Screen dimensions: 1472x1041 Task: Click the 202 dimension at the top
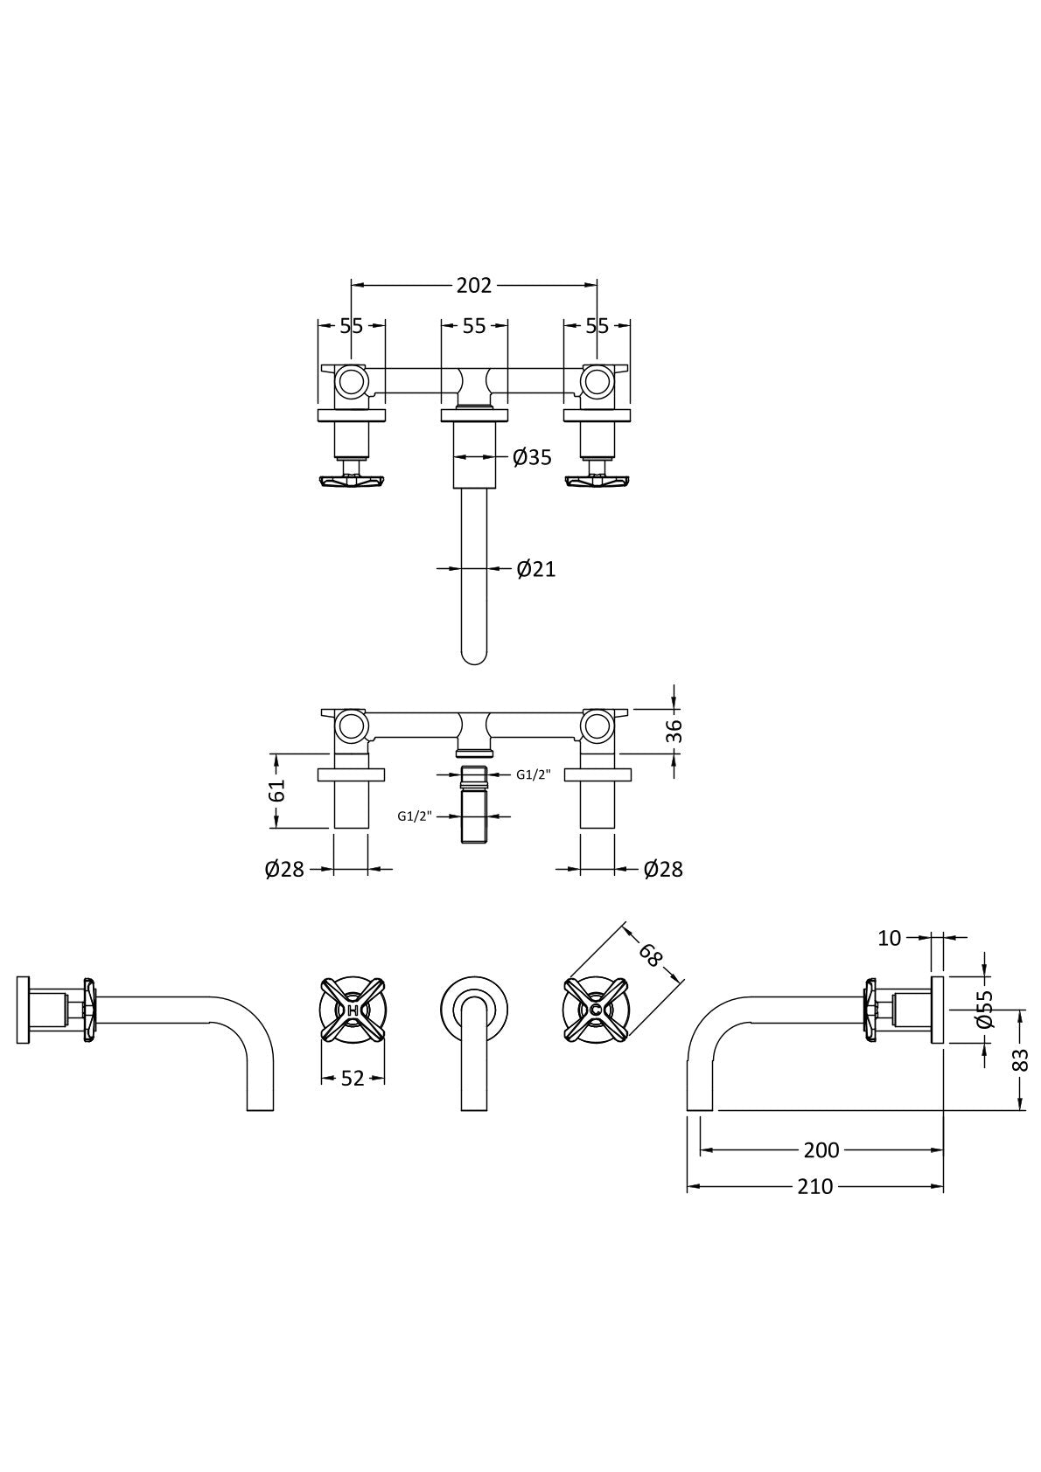click(473, 285)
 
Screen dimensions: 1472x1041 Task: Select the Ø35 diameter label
click(532, 457)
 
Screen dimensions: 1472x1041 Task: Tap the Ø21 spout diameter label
click(535, 569)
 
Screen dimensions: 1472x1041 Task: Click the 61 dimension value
click(276, 790)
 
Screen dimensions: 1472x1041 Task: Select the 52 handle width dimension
click(353, 1079)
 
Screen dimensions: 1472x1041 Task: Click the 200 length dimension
click(821, 1150)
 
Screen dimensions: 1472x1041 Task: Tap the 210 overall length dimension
click(814, 1186)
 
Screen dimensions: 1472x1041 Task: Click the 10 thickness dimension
click(889, 938)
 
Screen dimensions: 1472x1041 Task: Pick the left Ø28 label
click(284, 869)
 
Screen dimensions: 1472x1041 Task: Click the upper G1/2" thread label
click(533, 774)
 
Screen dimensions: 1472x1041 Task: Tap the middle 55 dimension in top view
click(473, 326)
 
